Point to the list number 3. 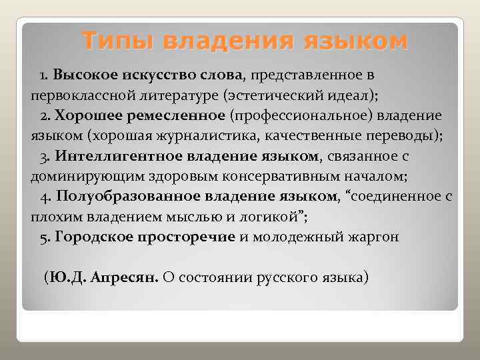click(x=43, y=157)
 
